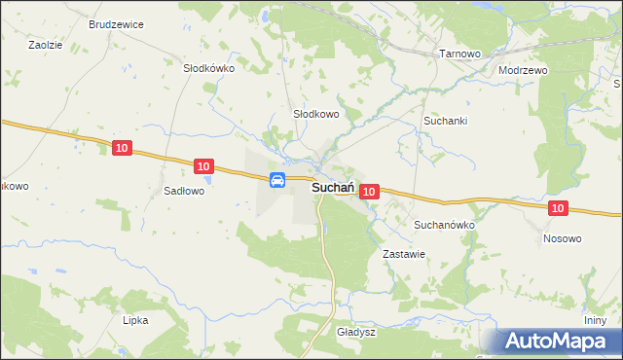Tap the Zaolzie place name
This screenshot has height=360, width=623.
pyautogui.click(x=45, y=45)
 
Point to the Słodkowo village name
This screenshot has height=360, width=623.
pyautogui.click(x=315, y=114)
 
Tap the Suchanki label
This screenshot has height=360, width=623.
pyautogui.click(x=445, y=121)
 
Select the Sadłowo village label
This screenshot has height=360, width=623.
pyautogui.click(x=184, y=192)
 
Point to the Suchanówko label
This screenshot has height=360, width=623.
pyautogui.click(x=444, y=224)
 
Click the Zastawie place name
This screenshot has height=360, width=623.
pyautogui.click(x=405, y=253)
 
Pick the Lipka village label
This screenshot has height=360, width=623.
pyautogui.click(x=135, y=319)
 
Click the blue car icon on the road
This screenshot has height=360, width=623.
pyautogui.click(x=277, y=179)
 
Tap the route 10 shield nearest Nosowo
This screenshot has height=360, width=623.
pyautogui.click(x=557, y=208)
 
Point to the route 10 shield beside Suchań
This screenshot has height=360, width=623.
pyautogui.click(x=368, y=193)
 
